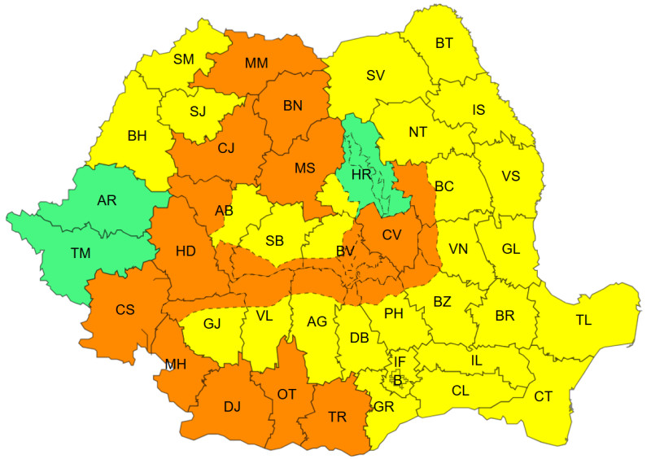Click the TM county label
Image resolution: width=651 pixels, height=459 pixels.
pos(80,253)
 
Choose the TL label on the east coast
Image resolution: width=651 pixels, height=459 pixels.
pos(583,320)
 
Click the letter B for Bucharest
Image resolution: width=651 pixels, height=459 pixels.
pos(397,380)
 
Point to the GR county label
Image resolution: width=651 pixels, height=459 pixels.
pos(383,407)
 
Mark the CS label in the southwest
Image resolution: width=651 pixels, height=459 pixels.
pos(125,310)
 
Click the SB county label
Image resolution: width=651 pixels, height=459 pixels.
pos(274,241)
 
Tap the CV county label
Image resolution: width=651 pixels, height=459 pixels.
pos(391,234)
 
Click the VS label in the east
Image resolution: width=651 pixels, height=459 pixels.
pos(511,176)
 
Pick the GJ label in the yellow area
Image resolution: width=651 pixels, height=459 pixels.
pos(212,323)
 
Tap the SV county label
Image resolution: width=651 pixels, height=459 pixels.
pos(375,75)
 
